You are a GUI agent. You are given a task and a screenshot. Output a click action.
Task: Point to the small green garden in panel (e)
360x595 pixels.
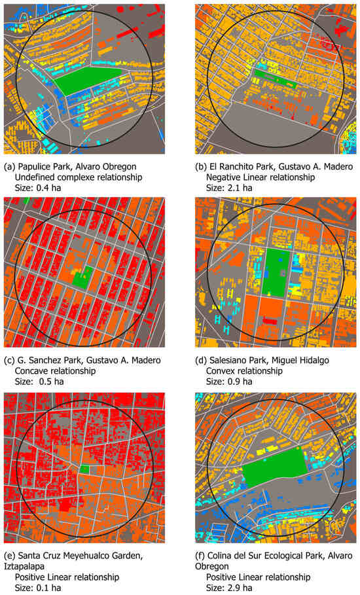click(x=84, y=469)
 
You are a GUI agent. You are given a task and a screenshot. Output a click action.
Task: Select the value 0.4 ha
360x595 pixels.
click(x=50, y=187)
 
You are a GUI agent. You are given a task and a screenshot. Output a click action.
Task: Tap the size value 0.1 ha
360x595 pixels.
click(x=50, y=587)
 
